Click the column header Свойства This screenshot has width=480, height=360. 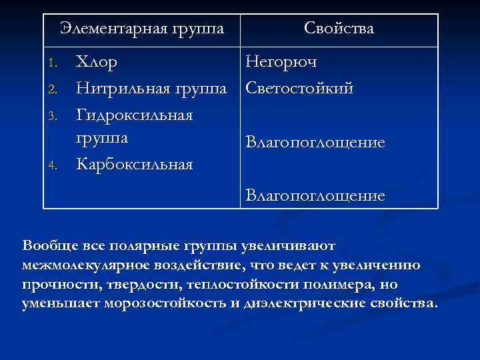click(339, 29)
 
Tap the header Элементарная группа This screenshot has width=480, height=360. click(141, 29)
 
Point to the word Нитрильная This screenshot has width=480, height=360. click(124, 89)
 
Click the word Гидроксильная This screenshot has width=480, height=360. click(135, 115)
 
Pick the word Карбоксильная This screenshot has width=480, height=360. click(135, 164)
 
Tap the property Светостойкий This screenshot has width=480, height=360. click(299, 89)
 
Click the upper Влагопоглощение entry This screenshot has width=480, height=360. click(315, 143)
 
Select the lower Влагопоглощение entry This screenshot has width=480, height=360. click(315, 196)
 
